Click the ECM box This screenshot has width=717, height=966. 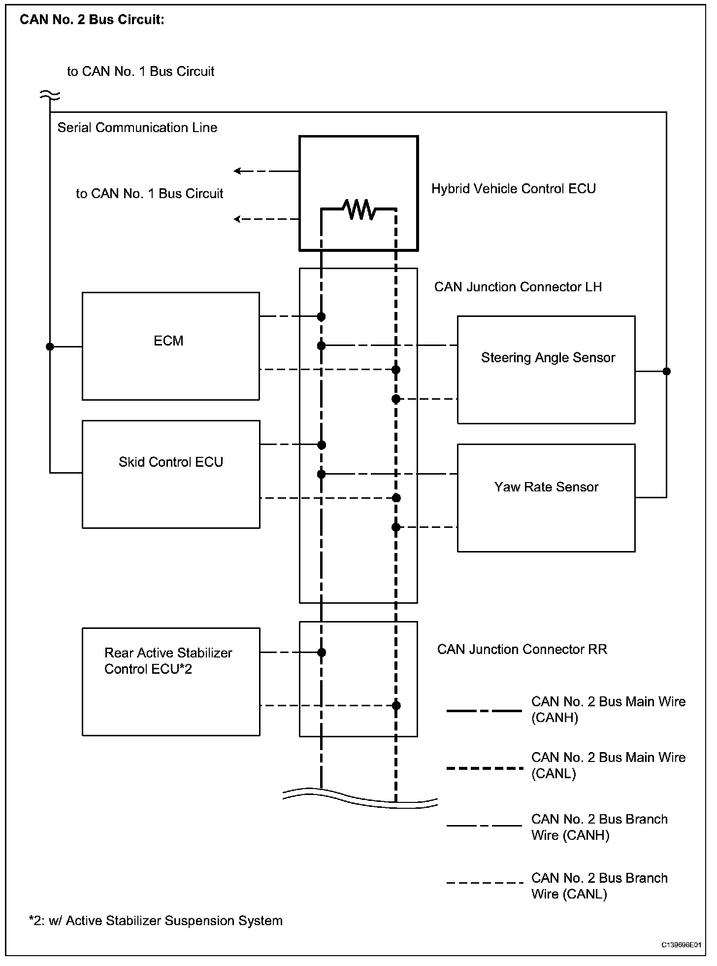pos(170,346)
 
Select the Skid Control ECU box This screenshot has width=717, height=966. pos(170,474)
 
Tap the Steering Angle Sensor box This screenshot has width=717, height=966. pos(546,370)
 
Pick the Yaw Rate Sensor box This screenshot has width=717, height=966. pos(546,498)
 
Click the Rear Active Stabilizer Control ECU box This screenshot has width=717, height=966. pos(170,682)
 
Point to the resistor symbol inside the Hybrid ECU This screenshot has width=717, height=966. pos(359,209)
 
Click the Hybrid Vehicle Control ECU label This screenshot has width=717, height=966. pos(513,189)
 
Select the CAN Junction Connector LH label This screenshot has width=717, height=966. pos(518,287)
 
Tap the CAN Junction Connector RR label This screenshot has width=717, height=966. pos(522,649)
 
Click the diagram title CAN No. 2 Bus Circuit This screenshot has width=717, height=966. pos(92,20)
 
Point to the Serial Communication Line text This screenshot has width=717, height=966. pos(137,128)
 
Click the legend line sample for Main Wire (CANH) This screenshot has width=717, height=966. pos(484,711)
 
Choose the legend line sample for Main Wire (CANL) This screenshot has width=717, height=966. pos(484,768)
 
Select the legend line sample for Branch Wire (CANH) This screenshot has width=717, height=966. pos(484,826)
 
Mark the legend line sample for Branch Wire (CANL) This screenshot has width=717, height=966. pos(484,883)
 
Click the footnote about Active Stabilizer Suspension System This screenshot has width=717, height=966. pos(156,921)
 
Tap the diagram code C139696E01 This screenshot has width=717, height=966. pos(681,945)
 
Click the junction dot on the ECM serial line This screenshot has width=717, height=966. pos(50,346)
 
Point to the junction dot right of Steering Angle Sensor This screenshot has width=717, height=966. pos(666,371)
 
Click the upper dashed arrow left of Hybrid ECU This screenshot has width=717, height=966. pos(266,171)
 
